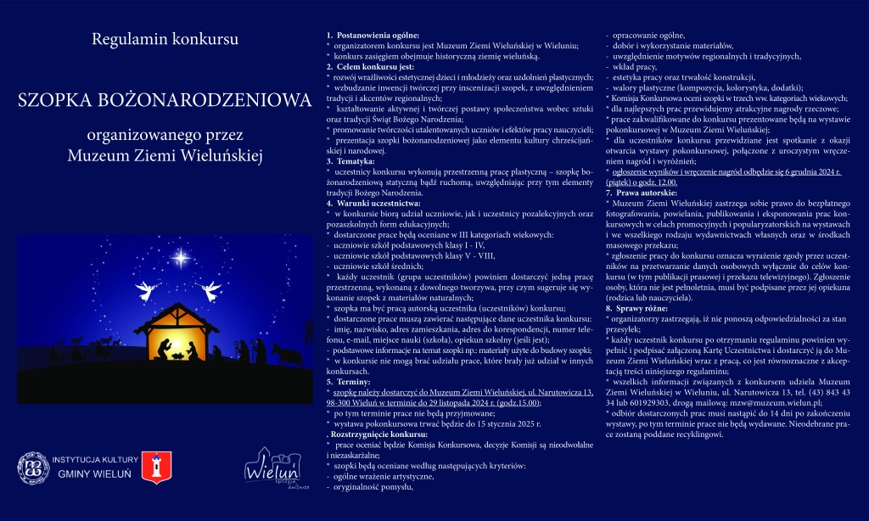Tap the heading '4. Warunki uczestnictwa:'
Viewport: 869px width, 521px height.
tap(373, 203)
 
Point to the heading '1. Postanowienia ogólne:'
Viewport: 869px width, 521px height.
tap(373, 34)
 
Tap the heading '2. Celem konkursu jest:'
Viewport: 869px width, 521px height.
tap(370, 65)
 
